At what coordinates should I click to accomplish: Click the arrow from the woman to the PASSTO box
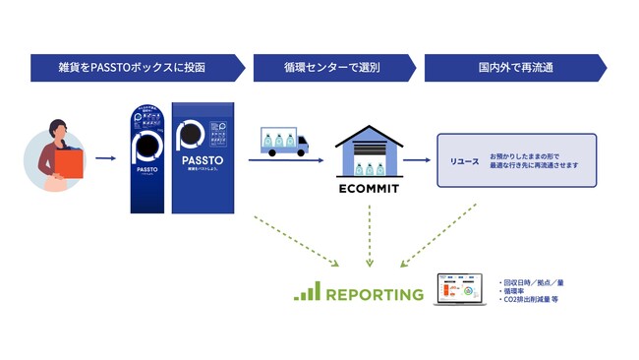coord(105,155)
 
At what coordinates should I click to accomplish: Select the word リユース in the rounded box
coord(463,159)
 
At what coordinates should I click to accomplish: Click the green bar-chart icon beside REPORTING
coord(308,292)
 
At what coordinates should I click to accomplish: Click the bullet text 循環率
coord(518,291)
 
